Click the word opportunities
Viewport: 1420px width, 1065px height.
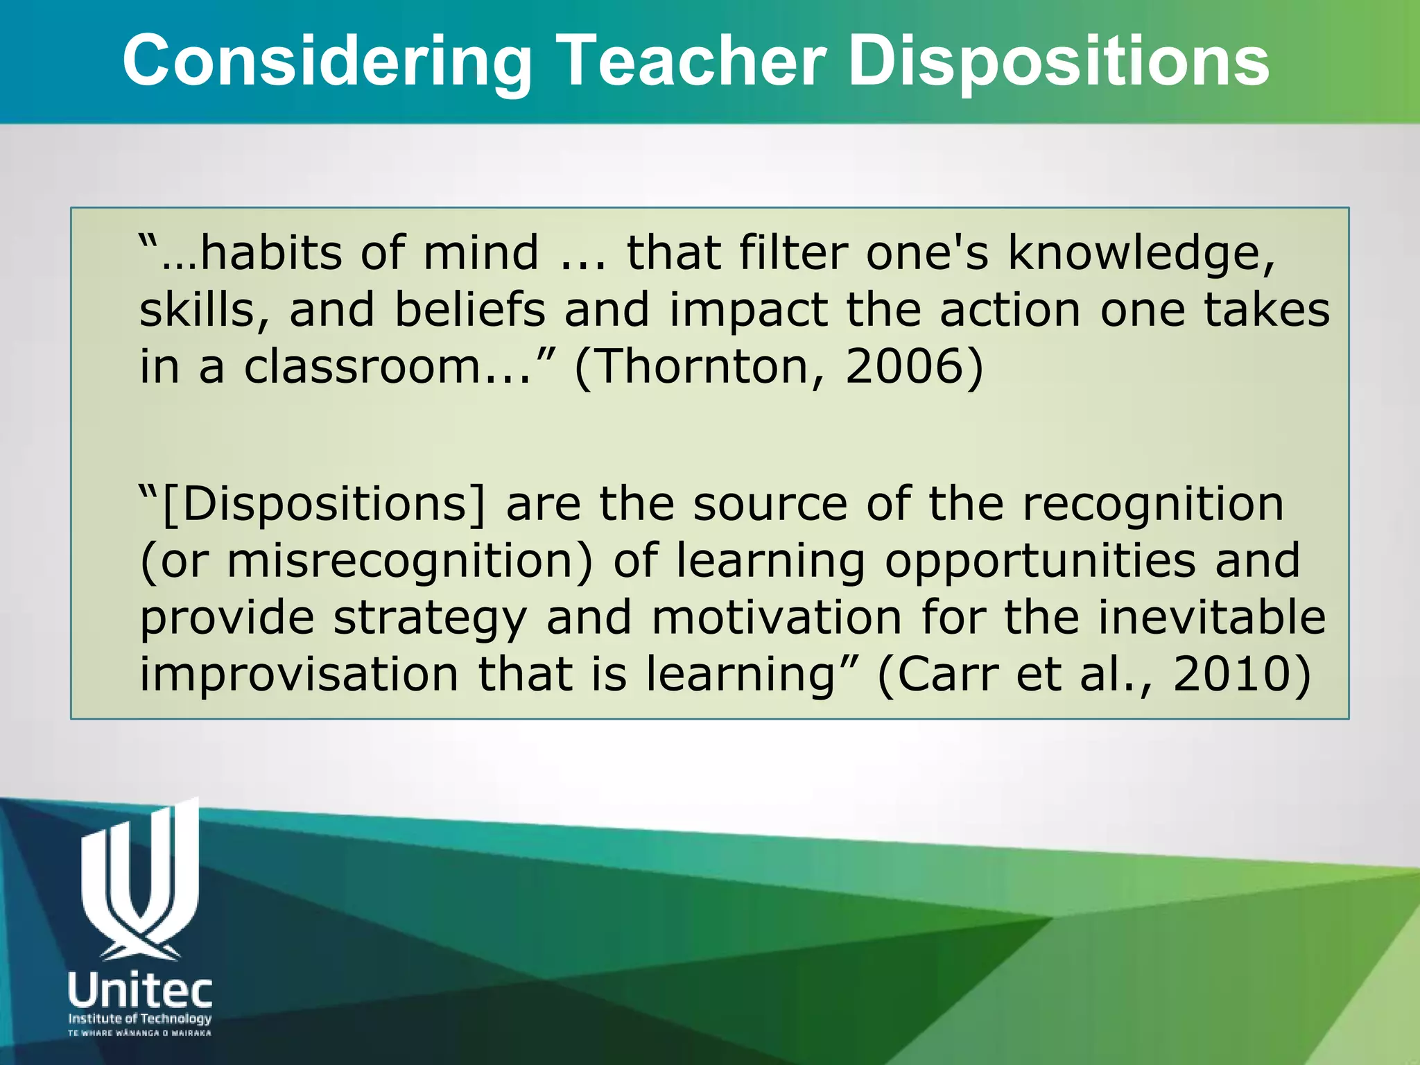click(1040, 562)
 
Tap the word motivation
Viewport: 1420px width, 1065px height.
click(777, 617)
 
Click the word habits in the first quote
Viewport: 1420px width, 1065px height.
click(270, 253)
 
